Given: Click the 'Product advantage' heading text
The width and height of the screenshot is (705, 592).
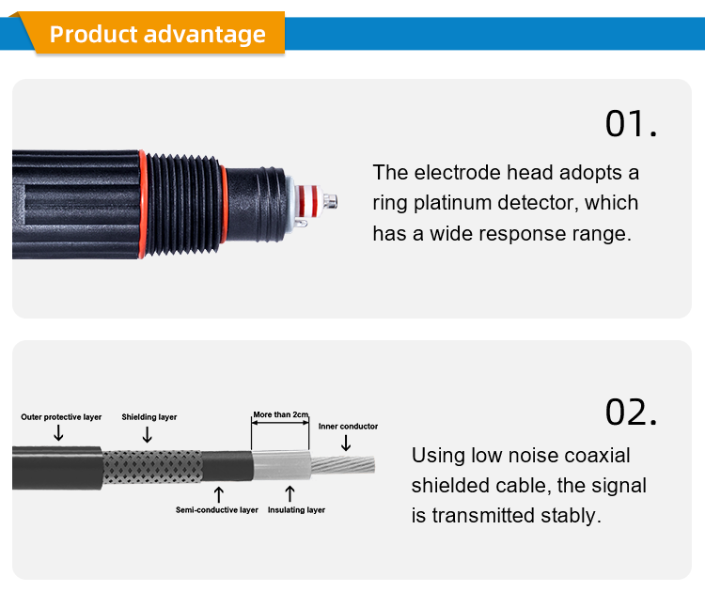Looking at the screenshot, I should tap(157, 35).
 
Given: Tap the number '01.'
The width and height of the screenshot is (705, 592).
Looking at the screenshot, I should tap(630, 124).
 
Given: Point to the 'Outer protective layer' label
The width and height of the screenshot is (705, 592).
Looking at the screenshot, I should tap(61, 416).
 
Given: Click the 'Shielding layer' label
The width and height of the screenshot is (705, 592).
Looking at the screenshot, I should tap(149, 416).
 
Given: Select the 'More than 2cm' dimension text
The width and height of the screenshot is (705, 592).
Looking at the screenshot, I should tap(280, 414).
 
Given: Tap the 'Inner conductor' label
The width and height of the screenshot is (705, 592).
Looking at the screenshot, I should tap(348, 427).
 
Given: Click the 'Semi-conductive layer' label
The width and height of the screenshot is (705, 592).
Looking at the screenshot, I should tap(216, 510).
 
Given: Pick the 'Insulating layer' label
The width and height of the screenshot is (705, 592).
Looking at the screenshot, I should tap(296, 510).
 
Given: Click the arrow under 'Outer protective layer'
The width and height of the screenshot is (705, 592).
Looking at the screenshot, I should tap(58, 432).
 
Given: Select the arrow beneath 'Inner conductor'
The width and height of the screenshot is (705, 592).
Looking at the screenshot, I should tap(346, 442).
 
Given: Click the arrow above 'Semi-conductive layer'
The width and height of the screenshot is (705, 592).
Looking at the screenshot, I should tap(219, 493).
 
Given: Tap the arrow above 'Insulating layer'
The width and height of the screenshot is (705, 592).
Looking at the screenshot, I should tap(290, 493).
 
